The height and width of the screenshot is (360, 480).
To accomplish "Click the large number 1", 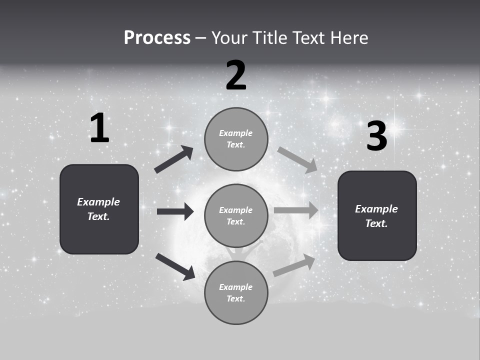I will coord(99,128).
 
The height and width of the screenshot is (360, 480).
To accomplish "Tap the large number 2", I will coord(236,76).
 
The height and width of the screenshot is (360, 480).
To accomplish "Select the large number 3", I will coord(376,136).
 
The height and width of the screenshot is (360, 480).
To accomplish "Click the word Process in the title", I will coord(157,38).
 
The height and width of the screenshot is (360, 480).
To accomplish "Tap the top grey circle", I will coord(236,139).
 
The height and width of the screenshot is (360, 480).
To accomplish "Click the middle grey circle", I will coord(236,215).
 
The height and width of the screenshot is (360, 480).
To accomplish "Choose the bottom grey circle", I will coord(236,292).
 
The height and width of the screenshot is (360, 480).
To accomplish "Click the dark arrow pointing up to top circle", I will coord(174,159).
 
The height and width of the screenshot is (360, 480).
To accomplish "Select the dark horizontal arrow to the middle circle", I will coord(175,211).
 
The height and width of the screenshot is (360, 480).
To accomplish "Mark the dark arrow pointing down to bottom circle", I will coord(175,266).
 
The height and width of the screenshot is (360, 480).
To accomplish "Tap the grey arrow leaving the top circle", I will coord(297,160).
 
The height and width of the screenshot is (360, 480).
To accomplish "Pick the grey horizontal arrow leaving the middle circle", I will coord(296,210).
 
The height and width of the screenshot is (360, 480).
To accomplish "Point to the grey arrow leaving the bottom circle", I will coord(294,265).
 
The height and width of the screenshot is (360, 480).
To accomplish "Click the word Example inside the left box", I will coord(98,202).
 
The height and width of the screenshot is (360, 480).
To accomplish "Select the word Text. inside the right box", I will coord(376,223).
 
